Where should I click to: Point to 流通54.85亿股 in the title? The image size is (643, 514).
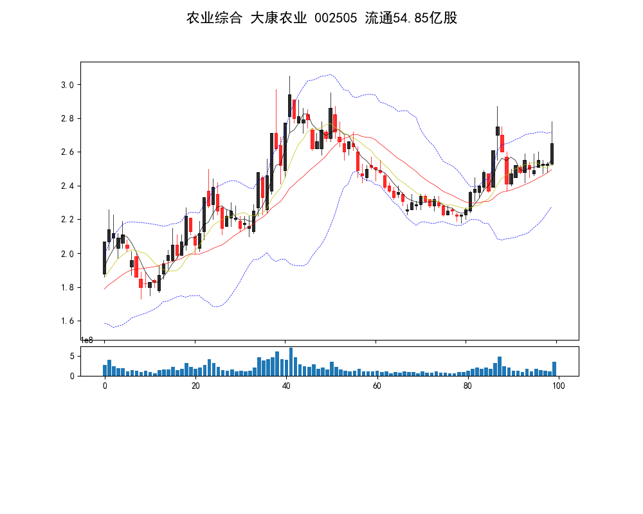[411, 18]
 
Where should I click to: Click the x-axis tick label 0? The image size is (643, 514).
[105, 385]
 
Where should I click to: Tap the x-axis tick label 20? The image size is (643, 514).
[195, 385]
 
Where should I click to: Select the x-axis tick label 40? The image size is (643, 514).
[286, 385]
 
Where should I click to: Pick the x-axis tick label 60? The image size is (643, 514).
[377, 385]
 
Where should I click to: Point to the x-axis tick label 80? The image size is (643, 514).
[467, 385]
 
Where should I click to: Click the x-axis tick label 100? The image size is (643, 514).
[558, 385]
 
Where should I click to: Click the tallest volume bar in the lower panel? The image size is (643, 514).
[291, 362]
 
